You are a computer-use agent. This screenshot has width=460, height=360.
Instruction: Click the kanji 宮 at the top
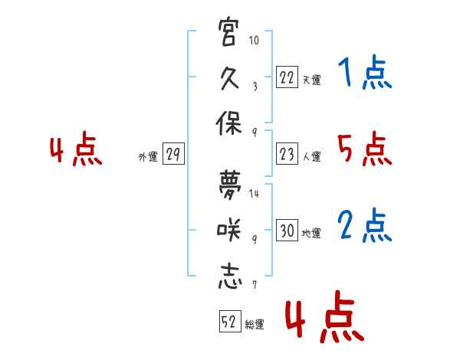[227, 31]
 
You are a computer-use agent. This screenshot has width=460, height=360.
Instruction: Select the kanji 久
[229, 78]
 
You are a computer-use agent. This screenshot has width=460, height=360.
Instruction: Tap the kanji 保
[228, 123]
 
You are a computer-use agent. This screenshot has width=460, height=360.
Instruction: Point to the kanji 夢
[230, 185]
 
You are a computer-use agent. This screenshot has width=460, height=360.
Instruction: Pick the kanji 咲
[229, 229]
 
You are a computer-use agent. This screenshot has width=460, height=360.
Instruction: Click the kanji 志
[230, 277]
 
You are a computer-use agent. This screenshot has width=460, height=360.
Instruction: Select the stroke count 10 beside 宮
[254, 40]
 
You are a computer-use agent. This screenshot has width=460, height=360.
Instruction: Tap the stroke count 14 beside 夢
[254, 193]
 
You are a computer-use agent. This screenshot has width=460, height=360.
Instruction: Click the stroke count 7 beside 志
[255, 285]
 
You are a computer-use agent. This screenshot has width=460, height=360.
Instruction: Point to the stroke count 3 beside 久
[255, 87]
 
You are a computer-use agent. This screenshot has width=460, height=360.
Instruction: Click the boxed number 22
[287, 77]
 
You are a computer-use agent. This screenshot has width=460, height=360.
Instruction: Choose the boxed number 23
[287, 154]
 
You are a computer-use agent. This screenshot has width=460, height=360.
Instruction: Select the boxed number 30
[287, 230]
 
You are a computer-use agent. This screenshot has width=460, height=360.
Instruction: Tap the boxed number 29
[173, 154]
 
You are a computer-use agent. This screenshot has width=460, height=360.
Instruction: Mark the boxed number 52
[230, 321]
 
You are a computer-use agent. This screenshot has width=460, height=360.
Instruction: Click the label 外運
[148, 157]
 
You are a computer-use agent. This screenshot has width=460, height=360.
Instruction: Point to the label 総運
[255, 325]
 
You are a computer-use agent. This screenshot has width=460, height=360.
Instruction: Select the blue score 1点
[365, 72]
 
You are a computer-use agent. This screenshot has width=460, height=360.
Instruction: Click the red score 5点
[365, 149]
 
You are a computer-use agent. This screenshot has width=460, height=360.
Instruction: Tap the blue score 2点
[365, 225]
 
